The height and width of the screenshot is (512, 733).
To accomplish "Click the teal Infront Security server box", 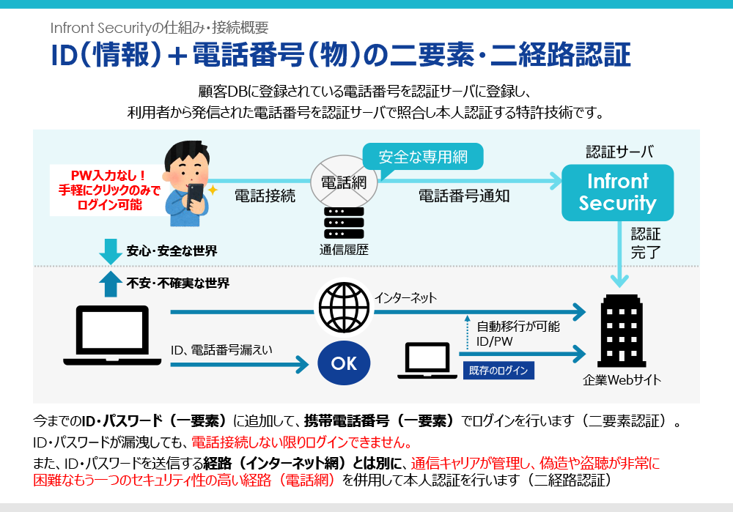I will pyautogui.click(x=617, y=192).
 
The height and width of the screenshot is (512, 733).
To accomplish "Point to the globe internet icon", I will pyautogui.click(x=344, y=307).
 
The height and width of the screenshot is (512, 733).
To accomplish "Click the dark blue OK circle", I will pyautogui.click(x=344, y=363).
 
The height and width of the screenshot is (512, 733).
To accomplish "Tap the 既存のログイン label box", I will pyautogui.click(x=498, y=370).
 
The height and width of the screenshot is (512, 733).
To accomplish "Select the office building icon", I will pyautogui.click(x=620, y=331).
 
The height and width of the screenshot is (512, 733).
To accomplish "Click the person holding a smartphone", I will pyautogui.click(x=186, y=180).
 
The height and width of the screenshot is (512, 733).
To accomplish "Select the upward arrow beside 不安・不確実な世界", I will pyautogui.click(x=110, y=283).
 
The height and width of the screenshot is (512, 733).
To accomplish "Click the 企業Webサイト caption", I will pyautogui.click(x=622, y=380).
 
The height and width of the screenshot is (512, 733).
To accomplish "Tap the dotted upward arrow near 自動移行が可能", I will pyautogui.click(x=466, y=331).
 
